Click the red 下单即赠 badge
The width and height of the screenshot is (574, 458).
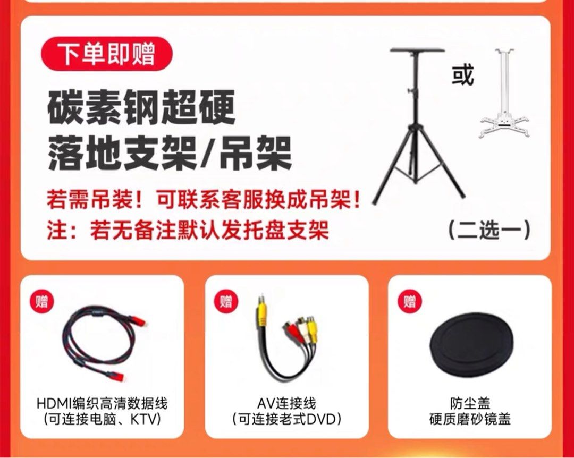pos(106,54)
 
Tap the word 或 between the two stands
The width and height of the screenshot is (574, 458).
pos(463,75)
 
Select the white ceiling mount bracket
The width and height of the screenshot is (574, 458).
pos(505,93)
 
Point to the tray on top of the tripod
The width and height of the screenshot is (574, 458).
pos(417,50)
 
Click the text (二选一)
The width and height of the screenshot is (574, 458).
pos(489,230)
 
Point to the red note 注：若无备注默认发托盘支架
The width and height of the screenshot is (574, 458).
pos(188,230)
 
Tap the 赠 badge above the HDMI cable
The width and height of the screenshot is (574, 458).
pos(42,302)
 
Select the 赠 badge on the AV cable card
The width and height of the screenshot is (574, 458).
pos(226,302)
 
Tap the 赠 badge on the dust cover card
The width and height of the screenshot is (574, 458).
pos(410,302)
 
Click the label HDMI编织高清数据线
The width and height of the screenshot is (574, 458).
pos(102,403)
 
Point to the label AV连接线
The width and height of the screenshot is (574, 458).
pos(286,403)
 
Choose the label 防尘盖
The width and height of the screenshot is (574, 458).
pos(470,403)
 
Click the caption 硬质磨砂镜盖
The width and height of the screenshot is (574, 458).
pos(470,419)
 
